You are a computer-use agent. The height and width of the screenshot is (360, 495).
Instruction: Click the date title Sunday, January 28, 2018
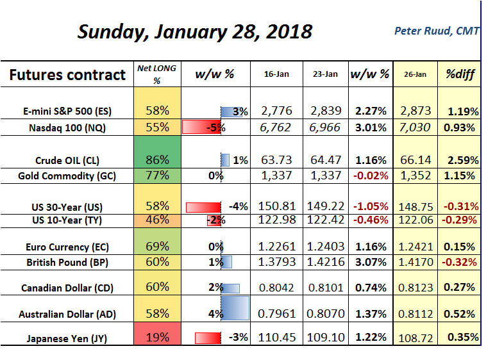point(195,31)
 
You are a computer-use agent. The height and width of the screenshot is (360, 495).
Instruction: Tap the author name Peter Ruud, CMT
point(436,31)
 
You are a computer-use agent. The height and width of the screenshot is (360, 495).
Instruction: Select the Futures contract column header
point(67,75)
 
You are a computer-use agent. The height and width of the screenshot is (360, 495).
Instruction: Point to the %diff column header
point(460,74)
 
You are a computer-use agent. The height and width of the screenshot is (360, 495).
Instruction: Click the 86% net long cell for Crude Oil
point(156,160)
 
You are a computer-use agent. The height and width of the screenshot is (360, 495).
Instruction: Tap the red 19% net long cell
point(156,336)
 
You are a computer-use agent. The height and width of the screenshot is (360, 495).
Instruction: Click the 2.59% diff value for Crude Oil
point(460,160)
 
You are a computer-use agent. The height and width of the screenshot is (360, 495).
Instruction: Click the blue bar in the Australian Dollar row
point(235,307)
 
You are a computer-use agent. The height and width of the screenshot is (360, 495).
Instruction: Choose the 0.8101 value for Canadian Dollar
point(326,288)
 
